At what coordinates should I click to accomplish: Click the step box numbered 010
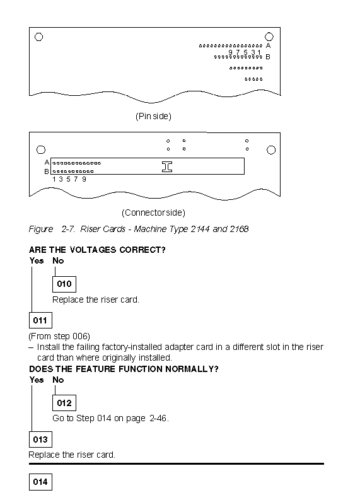pyautogui.click(x=64, y=284)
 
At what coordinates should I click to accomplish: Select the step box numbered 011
pyautogui.click(x=40, y=320)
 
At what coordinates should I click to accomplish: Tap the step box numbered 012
pyautogui.click(x=64, y=403)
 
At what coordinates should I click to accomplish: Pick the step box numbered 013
pyautogui.click(x=40, y=439)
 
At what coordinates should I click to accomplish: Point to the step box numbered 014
pyautogui.click(x=40, y=482)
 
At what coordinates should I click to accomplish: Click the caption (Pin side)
pyautogui.click(x=153, y=116)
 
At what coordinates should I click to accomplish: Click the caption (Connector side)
pyautogui.click(x=153, y=212)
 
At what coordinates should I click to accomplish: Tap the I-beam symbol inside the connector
pyautogui.click(x=167, y=166)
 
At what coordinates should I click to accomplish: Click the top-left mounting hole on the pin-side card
pyautogui.click(x=39, y=37)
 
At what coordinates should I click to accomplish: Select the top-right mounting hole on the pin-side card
pyautogui.click(x=269, y=37)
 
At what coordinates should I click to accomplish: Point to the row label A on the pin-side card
pyautogui.click(x=268, y=45)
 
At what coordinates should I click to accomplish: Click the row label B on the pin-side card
pyautogui.click(x=268, y=57)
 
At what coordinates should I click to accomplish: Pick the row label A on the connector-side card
pyautogui.click(x=47, y=162)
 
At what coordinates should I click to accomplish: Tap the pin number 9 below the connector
pyautogui.click(x=84, y=179)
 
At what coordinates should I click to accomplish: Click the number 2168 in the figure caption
pyautogui.click(x=240, y=229)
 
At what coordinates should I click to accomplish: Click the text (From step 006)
pyautogui.click(x=59, y=336)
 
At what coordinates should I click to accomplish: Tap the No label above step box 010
pyautogui.click(x=58, y=260)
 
